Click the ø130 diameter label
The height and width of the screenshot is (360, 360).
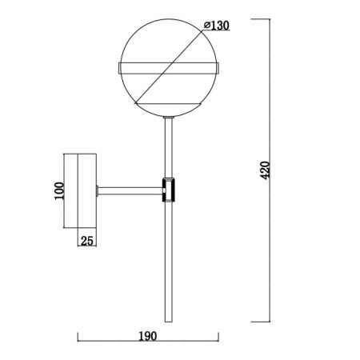(216, 26)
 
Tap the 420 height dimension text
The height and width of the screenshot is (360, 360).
(265, 170)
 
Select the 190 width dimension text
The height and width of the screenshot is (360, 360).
(147, 336)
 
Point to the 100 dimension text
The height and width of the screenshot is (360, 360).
(59, 190)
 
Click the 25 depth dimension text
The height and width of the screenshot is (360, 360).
(87, 241)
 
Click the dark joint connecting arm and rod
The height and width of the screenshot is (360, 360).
(169, 190)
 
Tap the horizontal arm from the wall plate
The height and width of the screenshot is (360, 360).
(130, 190)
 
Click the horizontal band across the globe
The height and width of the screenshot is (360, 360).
(169, 68)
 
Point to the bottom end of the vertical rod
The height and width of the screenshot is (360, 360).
(169, 322)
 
